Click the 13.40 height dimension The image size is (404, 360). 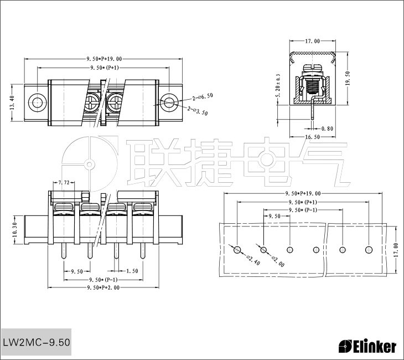(x=12, y=102)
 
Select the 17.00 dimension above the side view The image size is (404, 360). (x=312, y=41)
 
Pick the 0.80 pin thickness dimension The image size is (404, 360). (x=327, y=128)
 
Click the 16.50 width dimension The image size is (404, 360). (x=312, y=136)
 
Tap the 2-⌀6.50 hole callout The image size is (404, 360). (x=203, y=96)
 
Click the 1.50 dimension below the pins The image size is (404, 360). (x=132, y=271)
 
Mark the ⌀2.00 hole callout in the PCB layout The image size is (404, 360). (x=278, y=261)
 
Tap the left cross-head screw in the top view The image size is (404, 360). (x=92, y=102)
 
